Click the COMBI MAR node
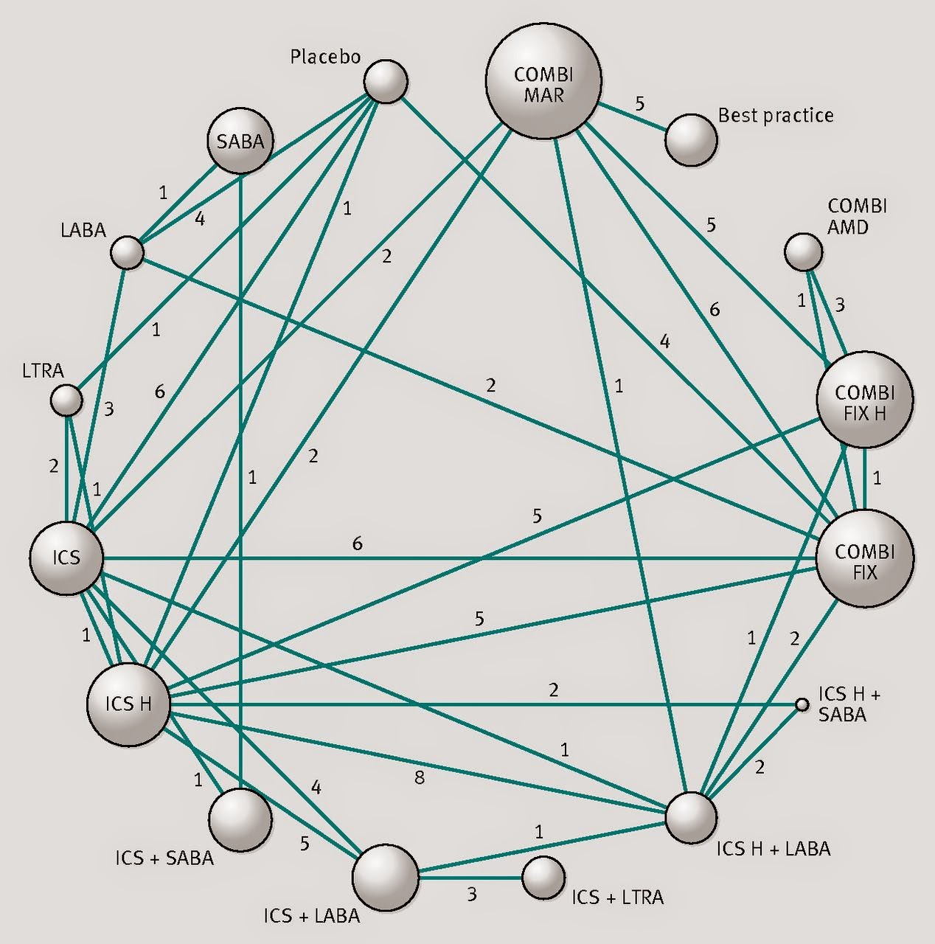(543, 80)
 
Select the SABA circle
(240, 141)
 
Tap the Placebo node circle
(386, 81)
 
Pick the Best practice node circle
(691, 139)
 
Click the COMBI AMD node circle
(803, 251)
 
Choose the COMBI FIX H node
(865, 399)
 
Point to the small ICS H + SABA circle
(802, 705)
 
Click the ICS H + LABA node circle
(691, 818)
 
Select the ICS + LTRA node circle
(543, 878)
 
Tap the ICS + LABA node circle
(386, 877)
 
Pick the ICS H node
(128, 704)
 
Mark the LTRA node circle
(66, 400)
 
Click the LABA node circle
(128, 253)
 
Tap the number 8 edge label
(420, 777)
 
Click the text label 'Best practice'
(776, 116)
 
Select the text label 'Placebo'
(325, 57)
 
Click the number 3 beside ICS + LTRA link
(471, 895)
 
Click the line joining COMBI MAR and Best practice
(633, 117)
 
